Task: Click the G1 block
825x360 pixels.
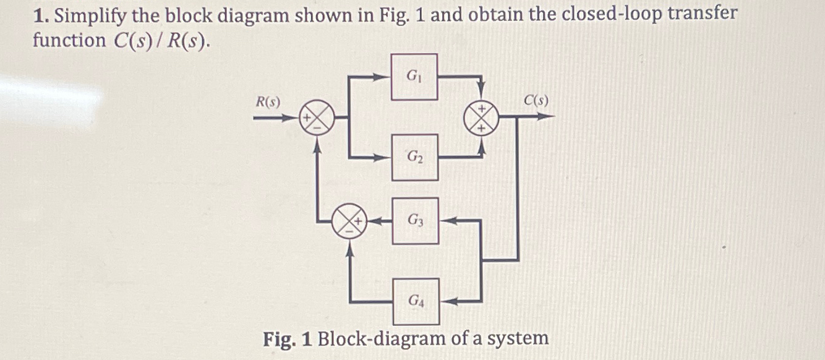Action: (x=414, y=77)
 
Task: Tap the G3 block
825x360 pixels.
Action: (x=416, y=220)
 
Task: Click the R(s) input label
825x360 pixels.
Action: (x=268, y=101)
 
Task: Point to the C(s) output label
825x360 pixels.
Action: (x=536, y=100)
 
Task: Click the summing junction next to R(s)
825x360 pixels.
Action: (x=317, y=117)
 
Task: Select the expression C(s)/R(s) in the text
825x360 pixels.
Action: (x=160, y=41)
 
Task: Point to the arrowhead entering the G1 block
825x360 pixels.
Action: (x=385, y=77)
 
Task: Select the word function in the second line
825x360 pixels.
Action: (x=69, y=41)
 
